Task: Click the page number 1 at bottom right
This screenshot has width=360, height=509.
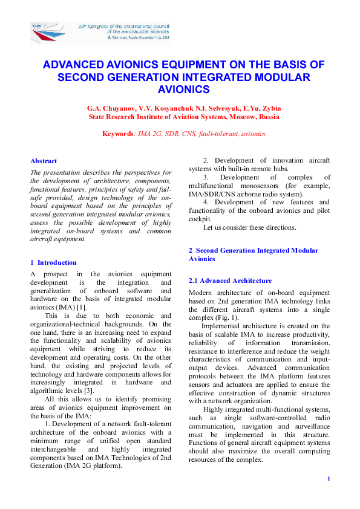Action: (x=328, y=479)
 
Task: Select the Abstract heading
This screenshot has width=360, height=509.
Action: (x=44, y=161)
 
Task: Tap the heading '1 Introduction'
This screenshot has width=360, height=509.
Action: (x=53, y=262)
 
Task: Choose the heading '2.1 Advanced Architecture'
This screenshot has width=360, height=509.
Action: (x=221, y=280)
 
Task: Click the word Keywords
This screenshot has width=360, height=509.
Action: (x=118, y=134)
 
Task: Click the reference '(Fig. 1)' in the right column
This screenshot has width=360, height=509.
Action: (x=226, y=317)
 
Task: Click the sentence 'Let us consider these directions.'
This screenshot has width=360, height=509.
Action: (x=249, y=227)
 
